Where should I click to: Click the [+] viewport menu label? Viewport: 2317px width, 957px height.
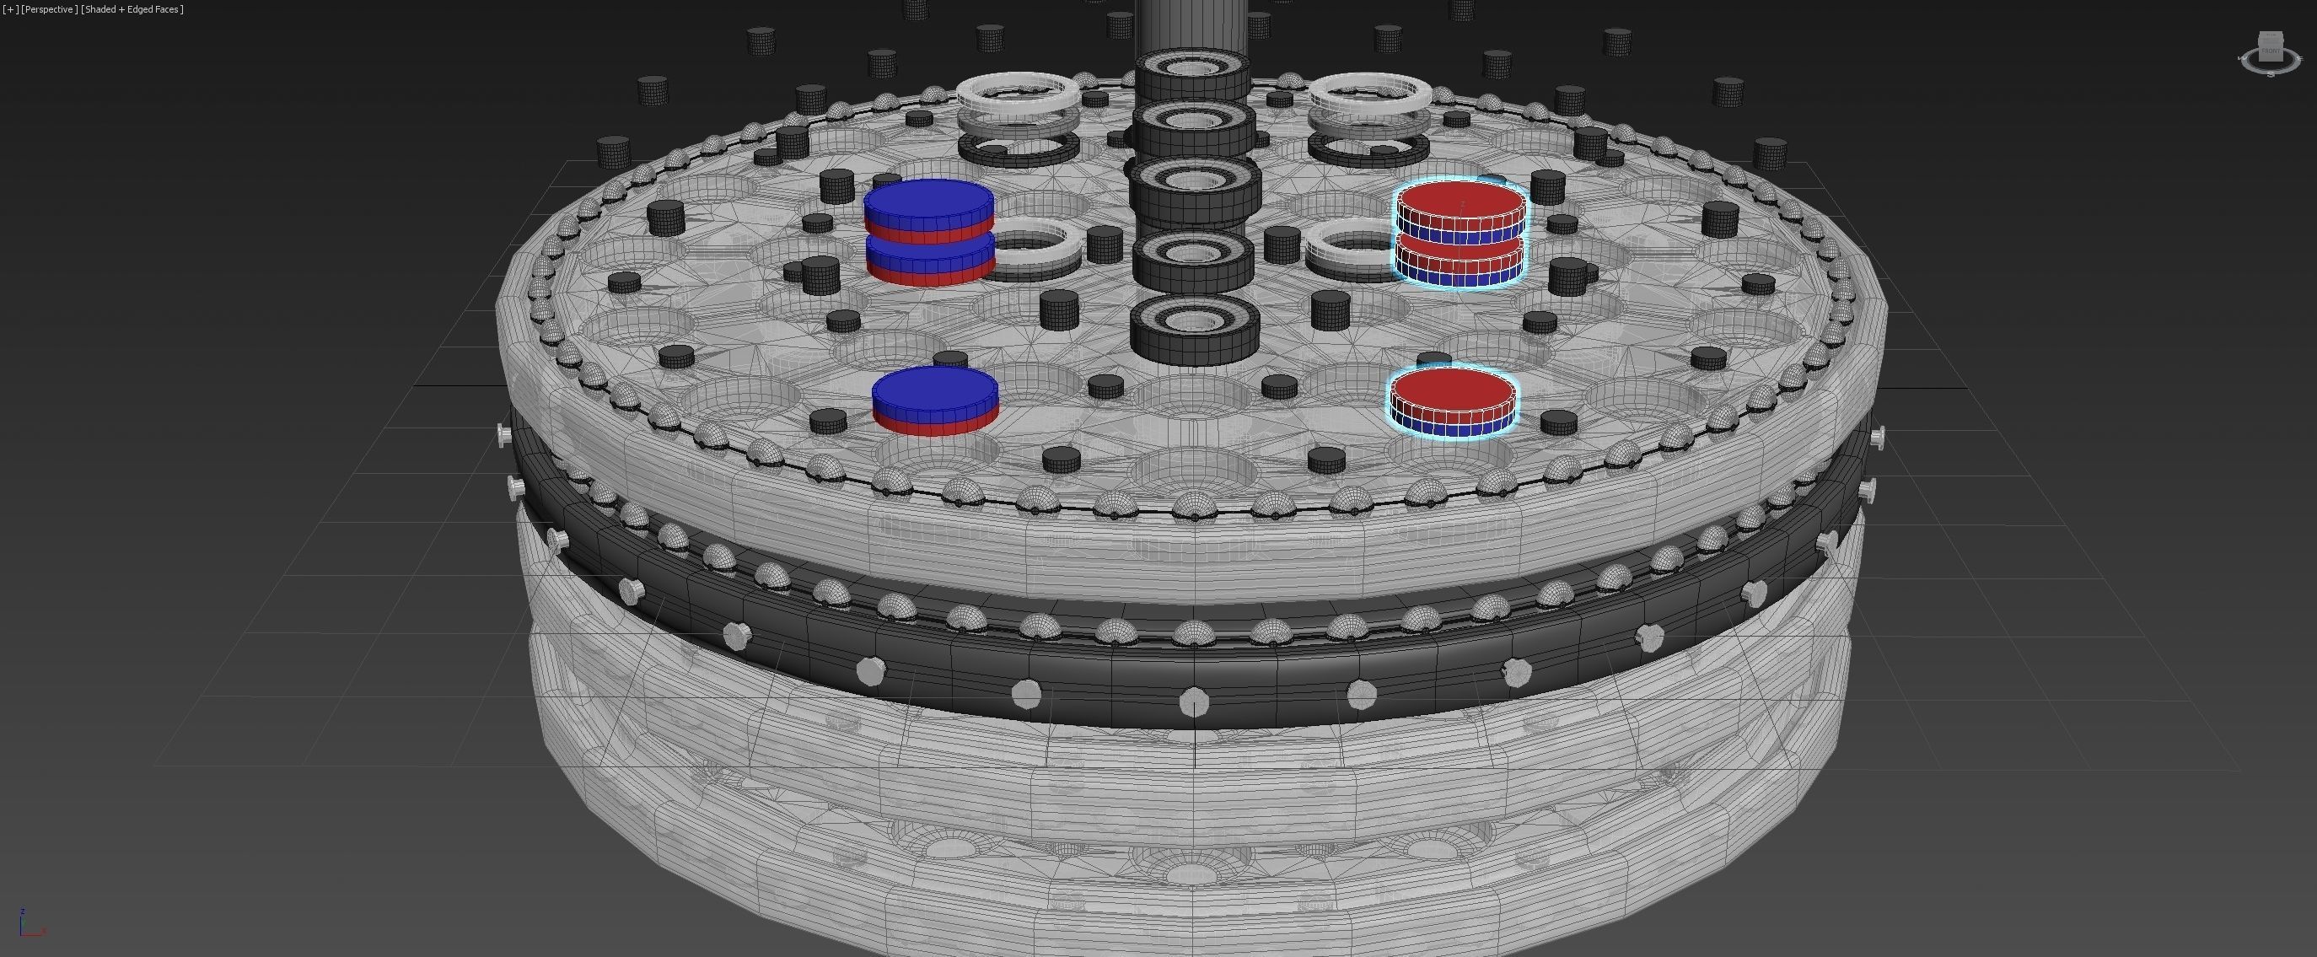(x=11, y=9)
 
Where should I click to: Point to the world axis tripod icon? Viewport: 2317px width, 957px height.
(x=28, y=927)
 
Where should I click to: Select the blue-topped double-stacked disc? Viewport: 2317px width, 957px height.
(x=929, y=230)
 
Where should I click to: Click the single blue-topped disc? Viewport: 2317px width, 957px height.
(x=934, y=401)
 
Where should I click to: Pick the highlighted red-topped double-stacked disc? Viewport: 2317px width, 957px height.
(x=1460, y=232)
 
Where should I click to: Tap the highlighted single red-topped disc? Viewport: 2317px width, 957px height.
(x=1453, y=401)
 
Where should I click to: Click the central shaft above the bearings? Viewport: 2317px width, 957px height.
(x=1191, y=23)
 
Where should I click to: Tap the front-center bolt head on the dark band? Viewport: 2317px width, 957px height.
(x=1194, y=701)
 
